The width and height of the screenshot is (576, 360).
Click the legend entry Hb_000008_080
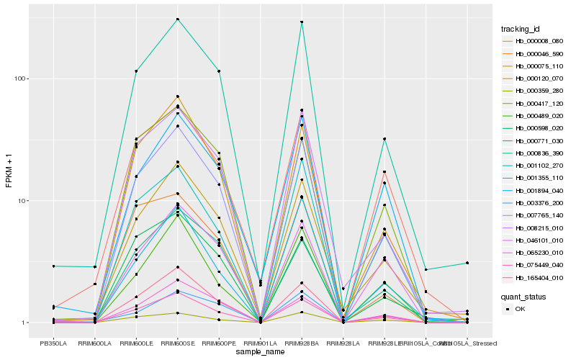pyautogui.click(x=534, y=41)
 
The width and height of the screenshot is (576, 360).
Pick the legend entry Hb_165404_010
pyautogui.click(x=534, y=278)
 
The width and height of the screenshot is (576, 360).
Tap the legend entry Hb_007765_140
pyautogui.click(x=534, y=215)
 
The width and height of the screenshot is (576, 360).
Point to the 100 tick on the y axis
pyautogui.click(x=22, y=78)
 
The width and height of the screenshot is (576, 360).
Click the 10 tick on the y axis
pyautogui.click(x=24, y=200)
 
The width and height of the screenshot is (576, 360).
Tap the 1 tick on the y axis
pyautogui.click(x=26, y=323)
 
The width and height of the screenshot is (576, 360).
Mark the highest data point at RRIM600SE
pyautogui.click(x=177, y=19)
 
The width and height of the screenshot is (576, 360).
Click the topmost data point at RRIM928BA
pyautogui.click(x=302, y=22)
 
